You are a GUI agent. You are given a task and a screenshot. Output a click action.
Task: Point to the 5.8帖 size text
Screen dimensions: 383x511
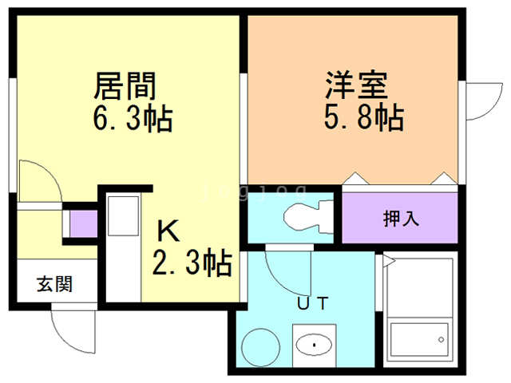(363, 120)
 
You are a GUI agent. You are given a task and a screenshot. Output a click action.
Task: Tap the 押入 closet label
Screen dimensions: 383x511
(401, 218)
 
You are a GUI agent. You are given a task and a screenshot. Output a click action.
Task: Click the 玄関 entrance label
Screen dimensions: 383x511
(53, 283)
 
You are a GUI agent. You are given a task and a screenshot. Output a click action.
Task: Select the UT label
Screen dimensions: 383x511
(313, 303)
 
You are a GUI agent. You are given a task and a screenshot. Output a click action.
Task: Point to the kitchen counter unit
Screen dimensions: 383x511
(123, 247)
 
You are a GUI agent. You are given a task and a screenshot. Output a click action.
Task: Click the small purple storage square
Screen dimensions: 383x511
(80, 223)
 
